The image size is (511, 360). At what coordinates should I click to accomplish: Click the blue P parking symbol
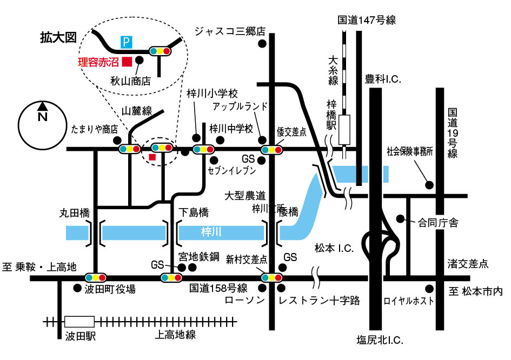[125, 41]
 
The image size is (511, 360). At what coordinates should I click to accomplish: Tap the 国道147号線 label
[367, 21]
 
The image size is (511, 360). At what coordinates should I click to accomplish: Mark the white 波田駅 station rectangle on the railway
[79, 321]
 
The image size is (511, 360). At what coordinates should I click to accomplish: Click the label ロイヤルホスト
[408, 301]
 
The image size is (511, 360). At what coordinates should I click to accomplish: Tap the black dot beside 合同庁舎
[401, 219]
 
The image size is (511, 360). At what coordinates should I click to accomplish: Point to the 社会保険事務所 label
[410, 152]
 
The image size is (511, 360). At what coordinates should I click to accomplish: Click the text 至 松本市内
[475, 291]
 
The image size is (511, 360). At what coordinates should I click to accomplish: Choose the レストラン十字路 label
[319, 301]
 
